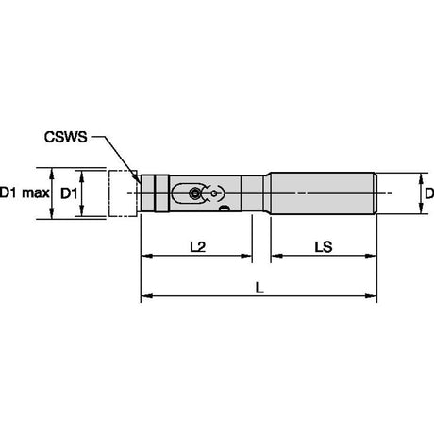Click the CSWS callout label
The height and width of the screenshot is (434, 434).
pos(65,137)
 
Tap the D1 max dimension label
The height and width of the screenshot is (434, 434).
pos(25,192)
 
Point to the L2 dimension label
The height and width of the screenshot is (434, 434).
pos(198,247)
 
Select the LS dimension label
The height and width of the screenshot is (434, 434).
pos(324,247)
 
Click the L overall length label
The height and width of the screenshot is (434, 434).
pos(259,288)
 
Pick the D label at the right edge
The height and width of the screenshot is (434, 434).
pos(429,193)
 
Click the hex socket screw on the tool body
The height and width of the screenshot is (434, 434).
pos(195,193)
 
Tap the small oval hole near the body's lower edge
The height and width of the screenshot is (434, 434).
pos(225,208)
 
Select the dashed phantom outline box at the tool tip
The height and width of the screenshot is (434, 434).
pos(123,193)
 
